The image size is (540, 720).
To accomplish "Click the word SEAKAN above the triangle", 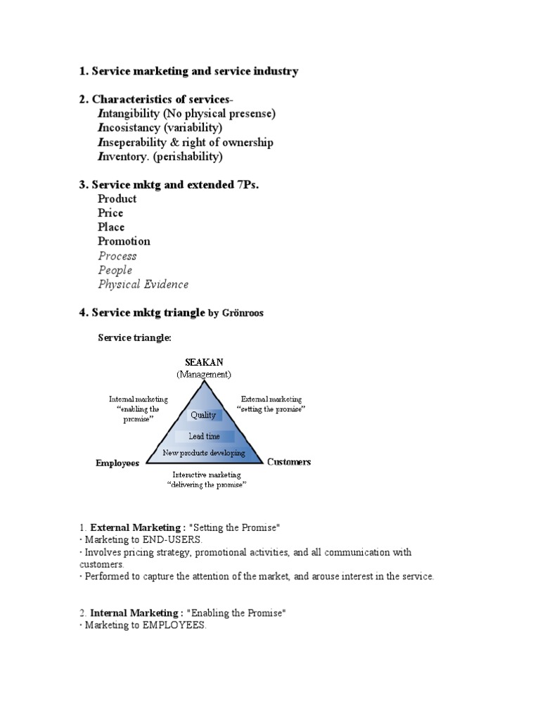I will (x=204, y=362).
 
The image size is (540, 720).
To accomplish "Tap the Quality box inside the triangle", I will (x=203, y=415).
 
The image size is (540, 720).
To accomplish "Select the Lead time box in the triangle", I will (x=204, y=437).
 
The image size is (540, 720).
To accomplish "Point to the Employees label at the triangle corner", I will (x=117, y=463).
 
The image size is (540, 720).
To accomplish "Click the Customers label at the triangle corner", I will (x=289, y=462).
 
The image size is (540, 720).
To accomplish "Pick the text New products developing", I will (x=204, y=453).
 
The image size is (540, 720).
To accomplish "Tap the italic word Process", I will (x=117, y=256).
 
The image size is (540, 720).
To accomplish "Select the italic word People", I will (x=115, y=270).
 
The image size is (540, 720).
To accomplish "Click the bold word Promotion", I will (x=124, y=241).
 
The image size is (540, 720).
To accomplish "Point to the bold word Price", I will (x=110, y=212).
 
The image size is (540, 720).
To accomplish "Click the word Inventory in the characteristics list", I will (x=124, y=156).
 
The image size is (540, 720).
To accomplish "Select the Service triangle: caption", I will (x=134, y=338).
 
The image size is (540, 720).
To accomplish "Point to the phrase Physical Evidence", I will (x=143, y=284).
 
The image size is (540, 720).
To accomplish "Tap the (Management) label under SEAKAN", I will (x=204, y=374).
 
